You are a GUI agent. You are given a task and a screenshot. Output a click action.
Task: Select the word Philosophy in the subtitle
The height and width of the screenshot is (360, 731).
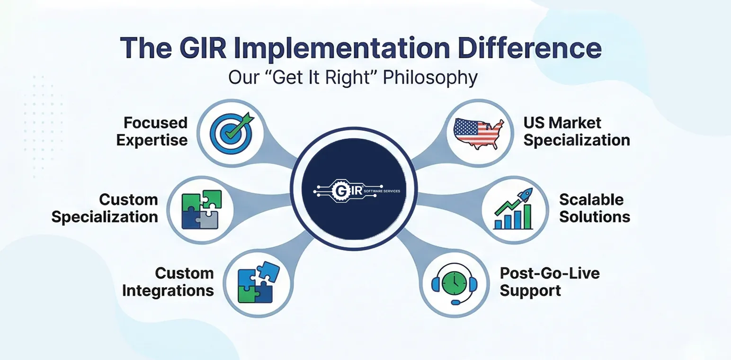[x=429, y=77]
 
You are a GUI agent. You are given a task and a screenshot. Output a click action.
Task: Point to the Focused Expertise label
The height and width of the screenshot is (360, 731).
[x=152, y=131]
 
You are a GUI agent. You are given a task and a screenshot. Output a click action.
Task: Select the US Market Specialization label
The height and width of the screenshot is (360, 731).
[x=576, y=131]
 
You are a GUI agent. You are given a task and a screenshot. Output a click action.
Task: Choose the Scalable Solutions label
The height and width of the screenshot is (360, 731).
[x=595, y=208]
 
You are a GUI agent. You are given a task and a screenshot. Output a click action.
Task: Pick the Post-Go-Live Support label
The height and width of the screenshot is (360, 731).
[x=549, y=282]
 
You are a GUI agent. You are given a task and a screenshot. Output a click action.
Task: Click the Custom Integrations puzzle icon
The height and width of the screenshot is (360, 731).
[x=257, y=283]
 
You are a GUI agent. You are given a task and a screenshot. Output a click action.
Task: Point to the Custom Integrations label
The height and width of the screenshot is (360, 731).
[x=168, y=282]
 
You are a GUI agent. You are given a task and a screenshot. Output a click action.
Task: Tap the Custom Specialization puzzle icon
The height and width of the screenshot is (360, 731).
[x=201, y=209]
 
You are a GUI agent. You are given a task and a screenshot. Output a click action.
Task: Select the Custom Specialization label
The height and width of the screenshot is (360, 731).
[x=105, y=208]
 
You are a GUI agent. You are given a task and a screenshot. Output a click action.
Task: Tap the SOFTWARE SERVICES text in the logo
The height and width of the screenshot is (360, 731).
[x=382, y=191]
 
